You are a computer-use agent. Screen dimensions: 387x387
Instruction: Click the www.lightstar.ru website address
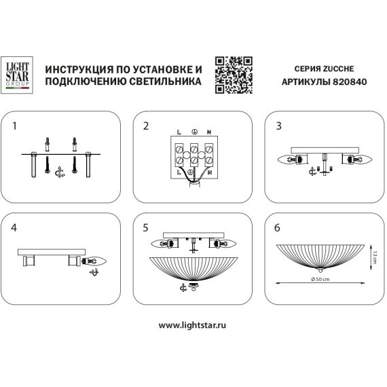click(193, 325)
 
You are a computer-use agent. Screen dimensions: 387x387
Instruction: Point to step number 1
click(14, 126)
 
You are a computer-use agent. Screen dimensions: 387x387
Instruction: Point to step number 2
click(145, 126)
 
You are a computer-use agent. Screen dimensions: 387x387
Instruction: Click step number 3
click(278, 126)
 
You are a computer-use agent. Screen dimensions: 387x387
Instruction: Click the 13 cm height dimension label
click(374, 257)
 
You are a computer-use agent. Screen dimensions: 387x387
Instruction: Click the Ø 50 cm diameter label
click(320, 280)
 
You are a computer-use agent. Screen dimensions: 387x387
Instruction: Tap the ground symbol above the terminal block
click(194, 130)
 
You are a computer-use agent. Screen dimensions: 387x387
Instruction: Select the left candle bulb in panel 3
click(290, 160)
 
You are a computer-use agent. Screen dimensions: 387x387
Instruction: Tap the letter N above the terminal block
click(209, 130)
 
